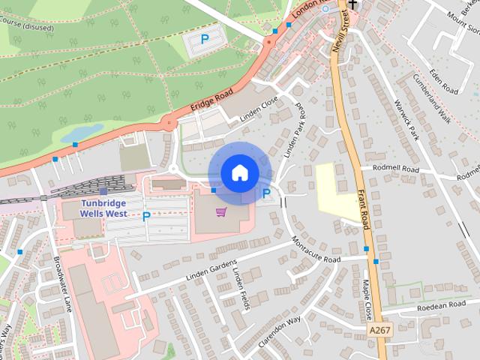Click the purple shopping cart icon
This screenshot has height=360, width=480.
point(221,212)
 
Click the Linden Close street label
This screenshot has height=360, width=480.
point(259,109)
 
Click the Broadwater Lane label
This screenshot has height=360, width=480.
point(63,284)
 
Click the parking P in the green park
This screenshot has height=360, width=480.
point(205,39)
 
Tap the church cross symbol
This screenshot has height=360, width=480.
point(352,4)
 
